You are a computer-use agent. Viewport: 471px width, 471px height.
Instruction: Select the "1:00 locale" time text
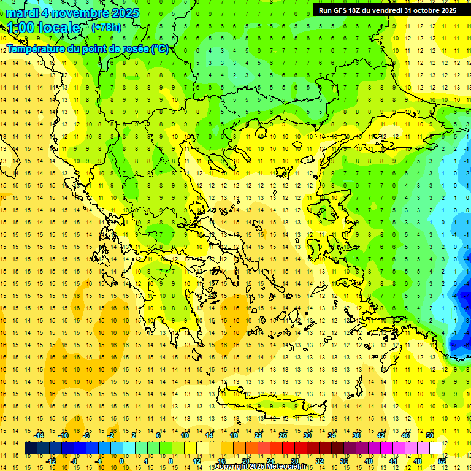(44, 28)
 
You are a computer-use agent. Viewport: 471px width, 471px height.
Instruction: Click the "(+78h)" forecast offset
(106, 28)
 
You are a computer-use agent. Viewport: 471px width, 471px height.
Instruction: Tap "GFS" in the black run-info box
(344, 10)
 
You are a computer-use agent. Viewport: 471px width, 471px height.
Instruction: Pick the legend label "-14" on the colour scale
(39, 435)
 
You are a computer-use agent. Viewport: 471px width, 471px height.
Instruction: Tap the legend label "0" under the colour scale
(121, 461)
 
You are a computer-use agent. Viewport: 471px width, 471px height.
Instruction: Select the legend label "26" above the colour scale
(283, 435)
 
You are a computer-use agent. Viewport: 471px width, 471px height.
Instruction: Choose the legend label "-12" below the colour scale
(51, 461)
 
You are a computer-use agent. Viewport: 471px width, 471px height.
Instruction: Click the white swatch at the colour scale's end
(436, 448)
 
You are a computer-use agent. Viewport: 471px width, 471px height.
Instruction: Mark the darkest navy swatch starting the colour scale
(31, 448)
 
